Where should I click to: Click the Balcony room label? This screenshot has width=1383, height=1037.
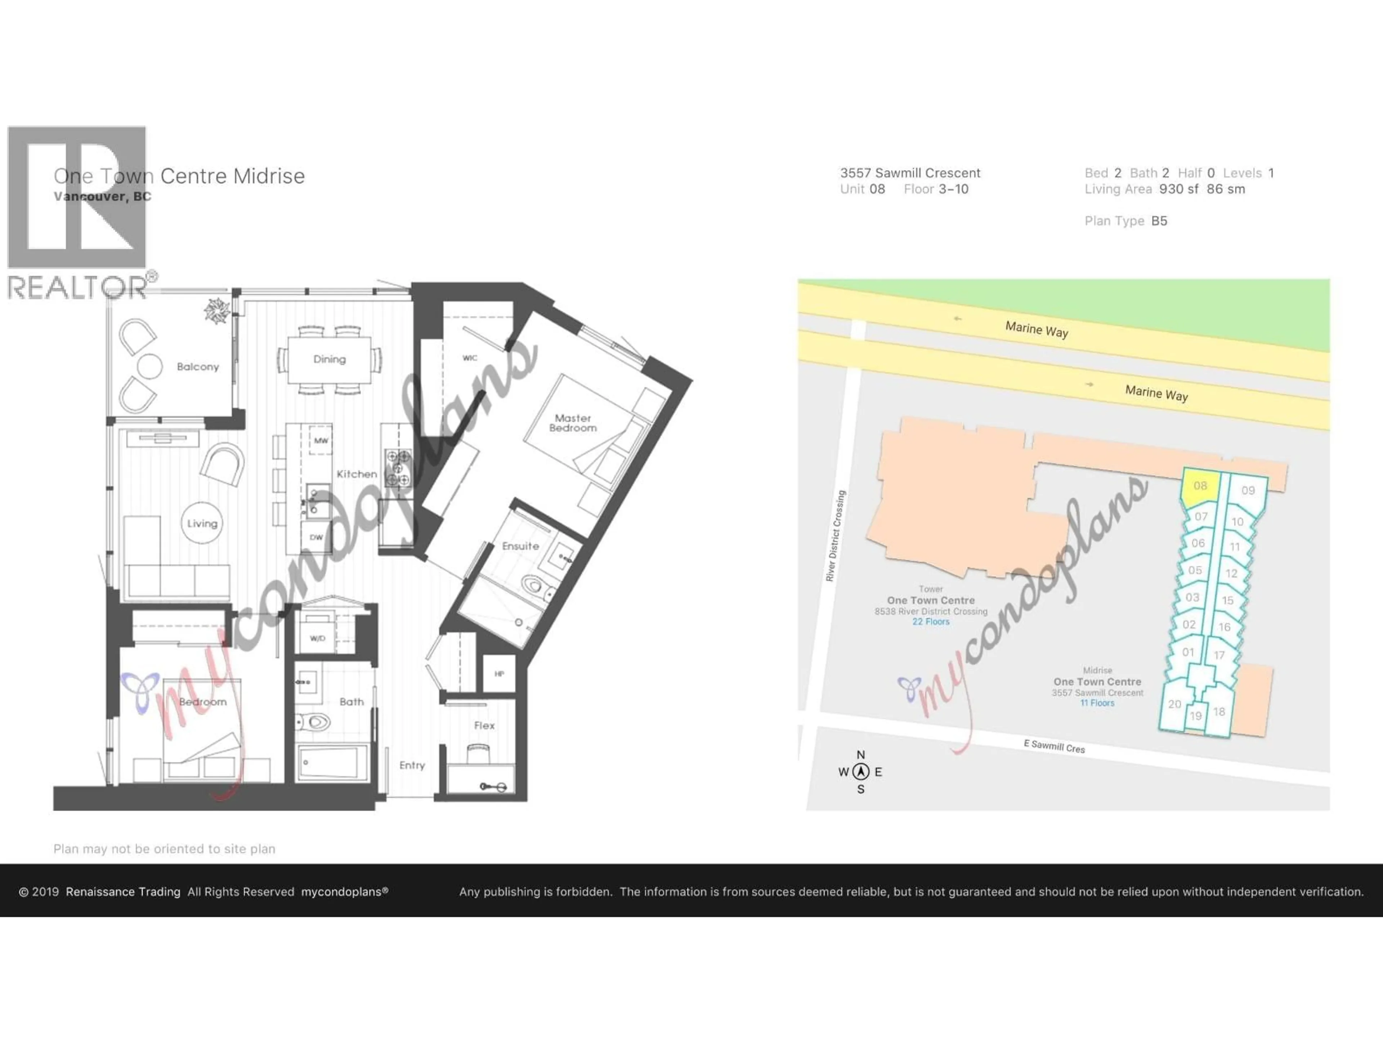point(198,367)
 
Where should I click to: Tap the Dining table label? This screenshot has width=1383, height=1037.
point(330,359)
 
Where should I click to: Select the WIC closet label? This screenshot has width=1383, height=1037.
point(470,358)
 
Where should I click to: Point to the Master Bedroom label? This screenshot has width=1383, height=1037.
point(573,423)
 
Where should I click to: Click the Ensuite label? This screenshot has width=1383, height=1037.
point(520,546)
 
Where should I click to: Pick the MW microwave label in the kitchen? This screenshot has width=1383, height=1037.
point(321,441)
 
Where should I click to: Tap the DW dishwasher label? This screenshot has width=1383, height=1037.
point(316,538)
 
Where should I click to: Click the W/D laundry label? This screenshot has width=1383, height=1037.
point(318,638)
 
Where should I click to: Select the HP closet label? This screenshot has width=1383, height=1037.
point(499,674)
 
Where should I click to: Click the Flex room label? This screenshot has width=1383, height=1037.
point(484,726)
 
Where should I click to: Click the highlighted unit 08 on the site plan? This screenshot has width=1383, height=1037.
point(1200,486)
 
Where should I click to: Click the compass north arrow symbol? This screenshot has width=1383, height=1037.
point(861,772)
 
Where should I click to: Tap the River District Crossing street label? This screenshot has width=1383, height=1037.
point(835,536)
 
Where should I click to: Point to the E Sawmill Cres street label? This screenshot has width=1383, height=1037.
point(1054,746)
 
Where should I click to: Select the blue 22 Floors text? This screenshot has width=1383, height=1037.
point(930,622)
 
